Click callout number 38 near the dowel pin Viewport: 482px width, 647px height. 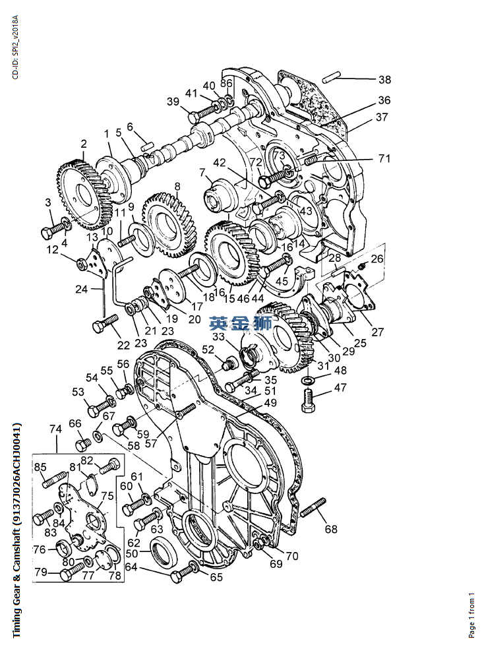(384, 80)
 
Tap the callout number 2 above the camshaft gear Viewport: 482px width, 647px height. (84, 144)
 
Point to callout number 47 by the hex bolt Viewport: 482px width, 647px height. (340, 388)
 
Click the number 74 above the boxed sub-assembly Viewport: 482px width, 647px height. (55, 429)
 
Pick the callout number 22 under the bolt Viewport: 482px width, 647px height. (123, 345)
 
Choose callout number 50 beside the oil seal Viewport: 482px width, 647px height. (132, 553)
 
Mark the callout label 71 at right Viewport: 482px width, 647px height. (384, 158)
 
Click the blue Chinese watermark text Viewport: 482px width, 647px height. (240, 323)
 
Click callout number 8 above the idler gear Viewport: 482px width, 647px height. (177, 186)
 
